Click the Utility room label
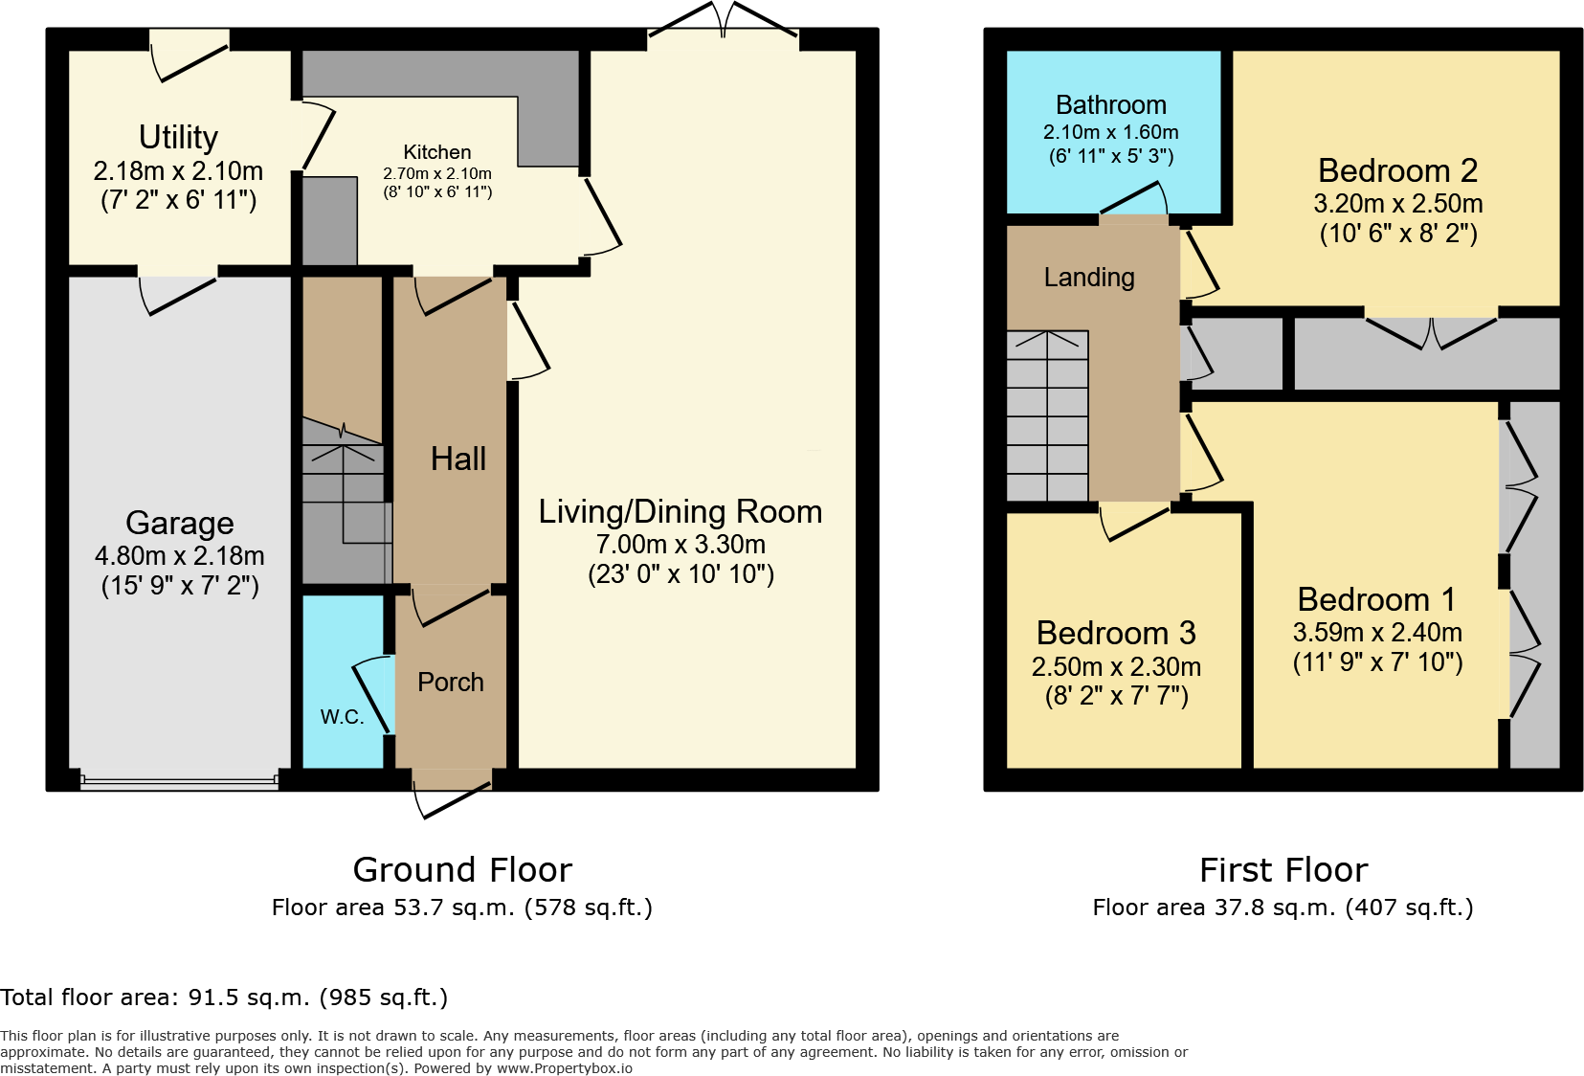(178, 138)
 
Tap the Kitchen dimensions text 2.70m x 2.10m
(437, 173)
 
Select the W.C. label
(342, 717)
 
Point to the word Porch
(450, 683)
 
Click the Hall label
(457, 460)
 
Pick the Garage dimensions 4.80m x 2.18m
(180, 556)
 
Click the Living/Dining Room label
(680, 512)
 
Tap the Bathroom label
(1110, 105)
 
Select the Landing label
(1088, 278)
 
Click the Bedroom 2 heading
(1397, 171)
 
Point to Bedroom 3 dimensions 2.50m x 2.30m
(1116, 666)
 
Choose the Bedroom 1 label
(1376, 600)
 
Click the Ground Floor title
(462, 870)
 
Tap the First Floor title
(1283, 870)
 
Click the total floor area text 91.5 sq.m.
(224, 998)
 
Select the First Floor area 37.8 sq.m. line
(1283, 908)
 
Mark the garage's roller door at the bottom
(180, 781)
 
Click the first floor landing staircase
(1047, 416)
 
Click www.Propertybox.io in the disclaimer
(564, 1068)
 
